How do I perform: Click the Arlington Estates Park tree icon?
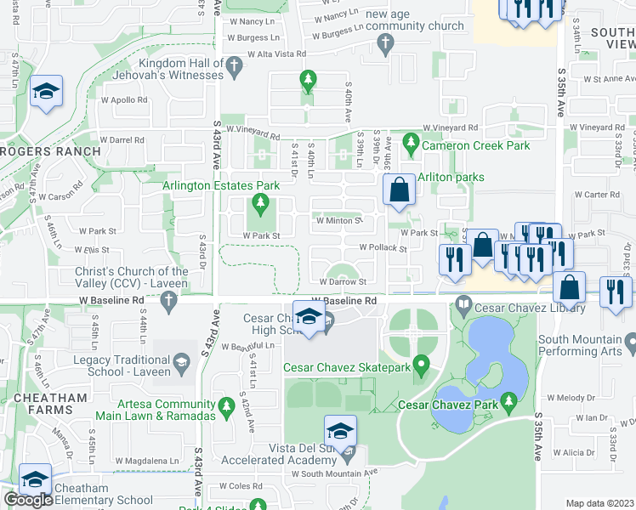260,203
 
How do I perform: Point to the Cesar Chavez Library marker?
464,303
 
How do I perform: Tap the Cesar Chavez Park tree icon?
509,399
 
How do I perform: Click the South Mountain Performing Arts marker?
630,345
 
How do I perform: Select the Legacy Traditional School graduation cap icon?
181,365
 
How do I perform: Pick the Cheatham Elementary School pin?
36,480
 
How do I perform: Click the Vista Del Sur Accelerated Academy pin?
340,431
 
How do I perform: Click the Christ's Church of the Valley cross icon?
169,300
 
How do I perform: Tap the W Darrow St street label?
343,281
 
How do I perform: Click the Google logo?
28,500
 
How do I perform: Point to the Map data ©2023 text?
599,503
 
